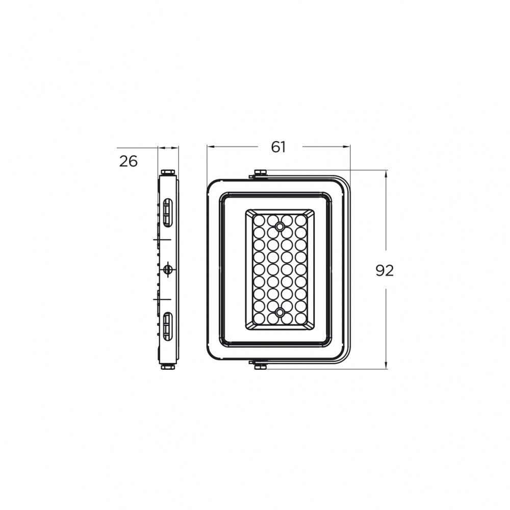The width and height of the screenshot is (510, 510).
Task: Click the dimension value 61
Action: pos(278,147)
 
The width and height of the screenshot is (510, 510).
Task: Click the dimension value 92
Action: pos(385,271)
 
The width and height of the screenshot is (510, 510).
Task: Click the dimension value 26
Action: pos(129,161)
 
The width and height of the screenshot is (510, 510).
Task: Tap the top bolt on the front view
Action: pos(260,172)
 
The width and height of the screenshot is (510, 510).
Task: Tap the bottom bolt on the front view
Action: pos(260,367)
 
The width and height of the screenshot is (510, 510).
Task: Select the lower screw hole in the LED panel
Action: pos(279,313)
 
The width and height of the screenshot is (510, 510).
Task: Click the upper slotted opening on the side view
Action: pos(167,213)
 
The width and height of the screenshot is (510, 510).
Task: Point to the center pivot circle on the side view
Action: pos(168,269)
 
